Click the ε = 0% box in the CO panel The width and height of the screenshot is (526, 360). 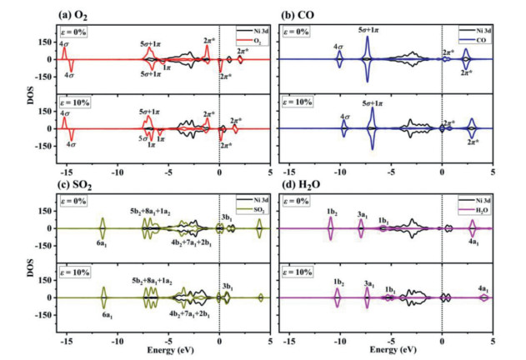[303, 31]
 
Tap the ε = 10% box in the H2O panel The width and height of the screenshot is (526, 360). [305, 272]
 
